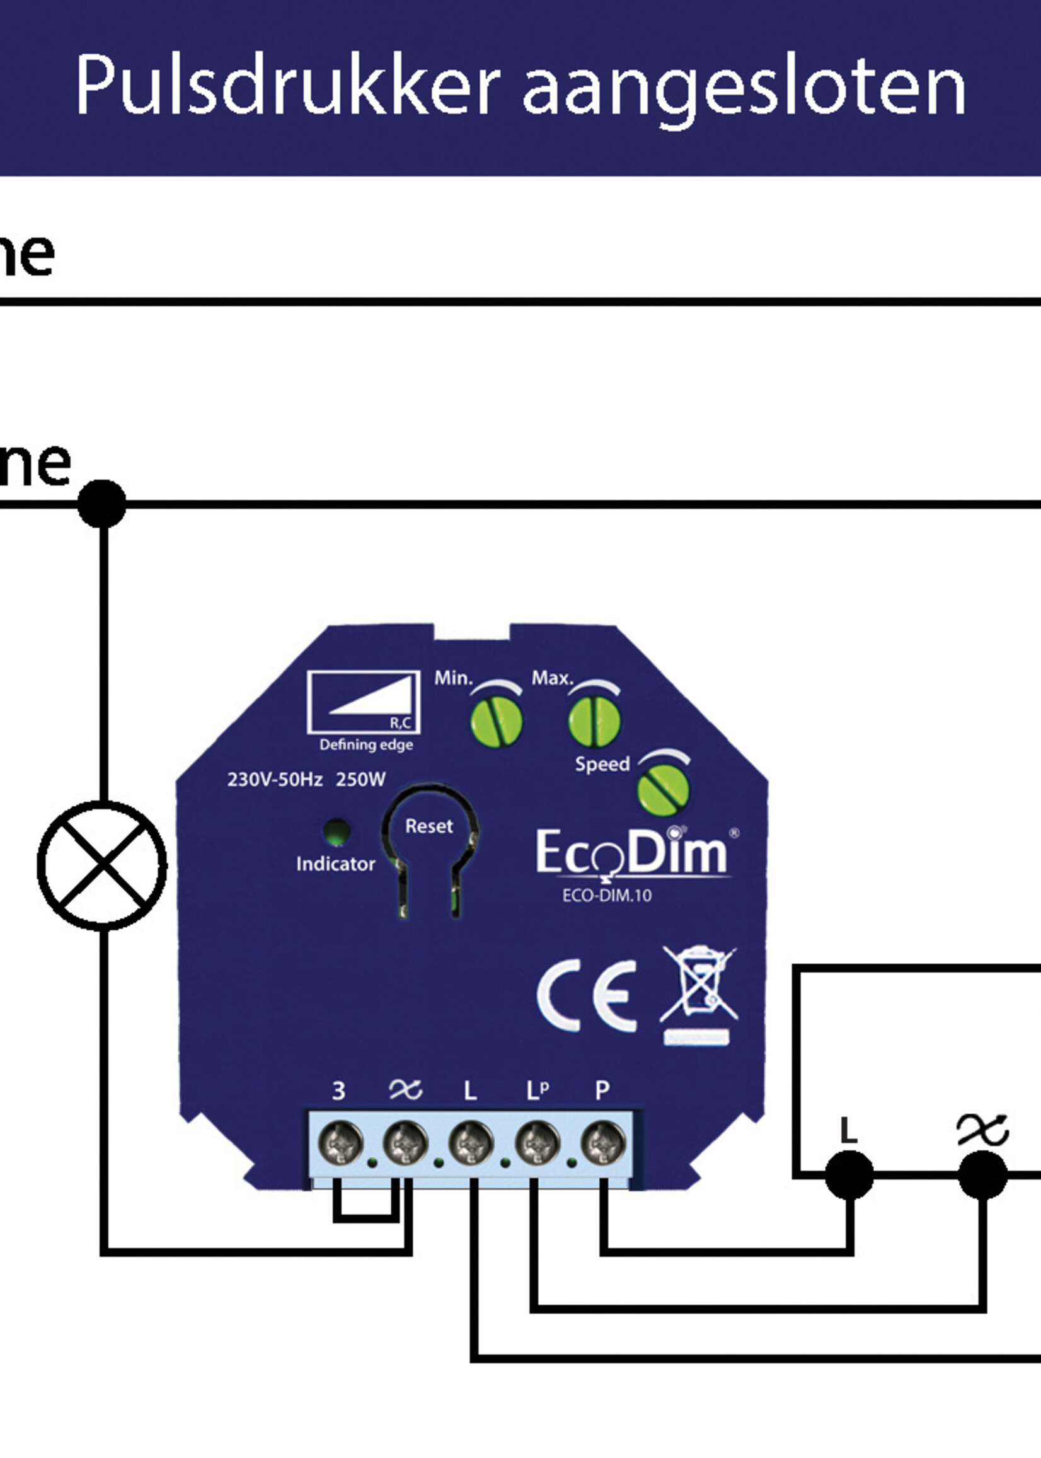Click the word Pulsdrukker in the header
click(x=287, y=85)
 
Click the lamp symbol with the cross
click(x=103, y=865)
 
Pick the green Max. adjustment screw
click(x=594, y=721)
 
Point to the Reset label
click(x=429, y=826)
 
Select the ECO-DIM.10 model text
click(x=606, y=896)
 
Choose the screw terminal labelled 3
click(x=340, y=1143)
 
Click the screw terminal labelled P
click(x=603, y=1143)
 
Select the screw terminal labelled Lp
click(x=537, y=1143)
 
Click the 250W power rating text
click(x=361, y=780)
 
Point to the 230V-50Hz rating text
click(x=274, y=780)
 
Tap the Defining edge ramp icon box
click(x=364, y=702)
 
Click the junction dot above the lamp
click(x=102, y=504)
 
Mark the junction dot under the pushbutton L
click(x=849, y=1174)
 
